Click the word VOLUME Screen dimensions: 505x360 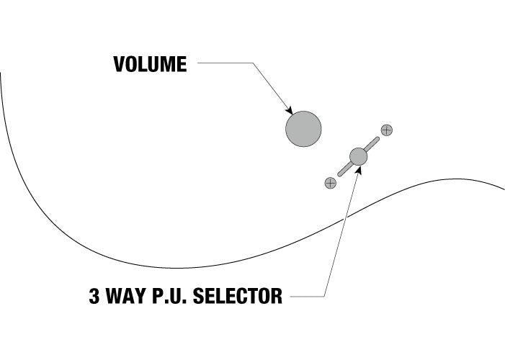point(150,64)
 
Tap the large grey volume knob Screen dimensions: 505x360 point(303,129)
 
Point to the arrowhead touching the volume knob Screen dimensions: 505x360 point(290,110)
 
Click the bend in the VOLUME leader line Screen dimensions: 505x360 point(253,63)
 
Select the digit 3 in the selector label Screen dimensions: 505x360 point(94,296)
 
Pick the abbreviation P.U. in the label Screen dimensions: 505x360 point(169,296)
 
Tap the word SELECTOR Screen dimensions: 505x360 point(238,296)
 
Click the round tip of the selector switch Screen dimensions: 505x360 point(359,156)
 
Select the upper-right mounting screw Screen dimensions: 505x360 point(386,130)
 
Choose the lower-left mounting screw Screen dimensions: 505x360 point(331,183)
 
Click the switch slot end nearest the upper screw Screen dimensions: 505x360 point(377,139)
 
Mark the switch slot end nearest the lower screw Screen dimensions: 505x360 point(339,174)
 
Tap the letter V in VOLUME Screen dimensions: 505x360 point(119,64)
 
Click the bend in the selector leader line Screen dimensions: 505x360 point(324,296)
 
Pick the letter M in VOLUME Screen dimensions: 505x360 point(167,64)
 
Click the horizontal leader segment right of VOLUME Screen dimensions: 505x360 point(225,63)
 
